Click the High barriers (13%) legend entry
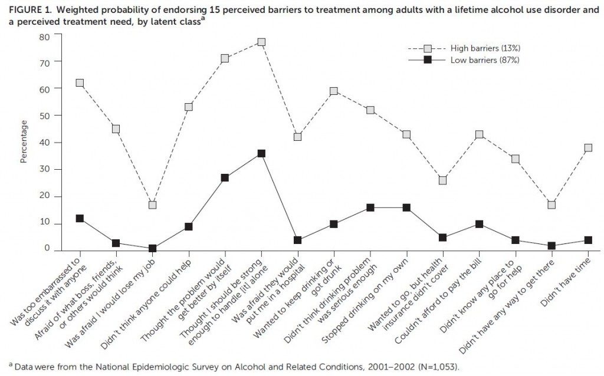[x=464, y=48]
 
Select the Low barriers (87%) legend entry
[x=464, y=60]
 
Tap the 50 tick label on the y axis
[x=44, y=116]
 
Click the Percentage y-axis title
[x=24, y=141]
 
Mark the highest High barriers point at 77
[x=261, y=42]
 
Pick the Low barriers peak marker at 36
[x=261, y=153]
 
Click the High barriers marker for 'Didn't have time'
[x=588, y=148]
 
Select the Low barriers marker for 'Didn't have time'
[x=588, y=240]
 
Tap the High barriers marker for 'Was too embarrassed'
[x=80, y=83]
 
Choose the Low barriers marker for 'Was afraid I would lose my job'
[x=152, y=248]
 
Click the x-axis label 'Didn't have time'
[x=566, y=282]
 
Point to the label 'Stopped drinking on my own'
[x=365, y=299]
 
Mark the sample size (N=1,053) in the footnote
[x=438, y=366]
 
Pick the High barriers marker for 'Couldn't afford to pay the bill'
[x=479, y=134]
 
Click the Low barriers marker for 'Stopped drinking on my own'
[x=406, y=208]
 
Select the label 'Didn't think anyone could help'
[x=146, y=304]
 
